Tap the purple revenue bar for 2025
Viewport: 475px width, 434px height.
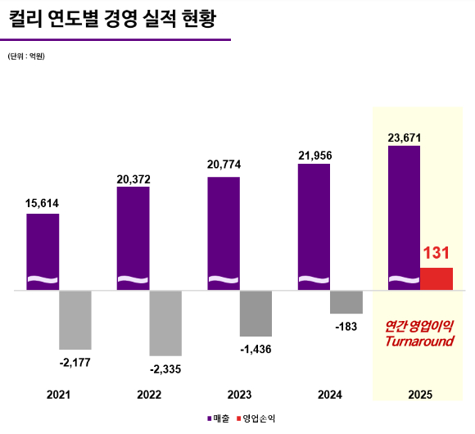(404, 218)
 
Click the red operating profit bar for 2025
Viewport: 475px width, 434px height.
(436, 278)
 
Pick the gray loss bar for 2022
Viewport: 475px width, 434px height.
(165, 323)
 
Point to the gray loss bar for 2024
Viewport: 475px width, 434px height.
(346, 302)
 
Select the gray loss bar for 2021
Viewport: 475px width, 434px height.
(75, 319)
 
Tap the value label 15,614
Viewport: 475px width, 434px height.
(43, 204)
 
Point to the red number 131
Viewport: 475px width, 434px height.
(437, 253)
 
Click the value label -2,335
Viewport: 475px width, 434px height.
(165, 368)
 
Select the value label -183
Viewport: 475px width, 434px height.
(346, 327)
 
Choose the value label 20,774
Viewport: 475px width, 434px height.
(224, 165)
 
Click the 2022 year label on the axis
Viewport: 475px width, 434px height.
(149, 395)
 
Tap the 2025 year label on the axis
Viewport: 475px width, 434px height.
(420, 395)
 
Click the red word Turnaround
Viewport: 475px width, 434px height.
(419, 341)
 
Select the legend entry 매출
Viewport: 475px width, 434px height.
(218, 418)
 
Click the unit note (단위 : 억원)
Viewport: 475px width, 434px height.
(25, 56)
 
